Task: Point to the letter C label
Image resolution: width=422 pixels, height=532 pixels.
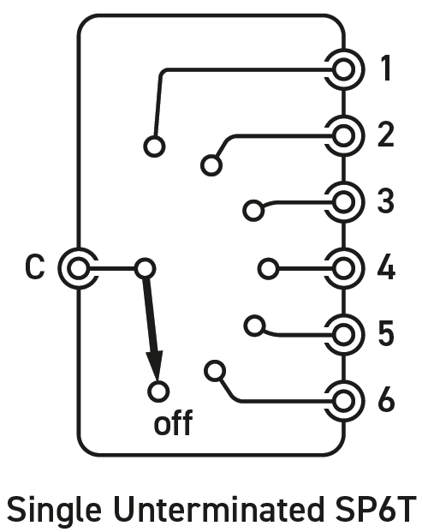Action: click(34, 267)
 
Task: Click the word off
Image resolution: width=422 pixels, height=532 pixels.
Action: click(173, 422)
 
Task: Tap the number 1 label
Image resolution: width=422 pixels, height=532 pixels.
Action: click(386, 69)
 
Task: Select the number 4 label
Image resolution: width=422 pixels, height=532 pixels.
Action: click(386, 268)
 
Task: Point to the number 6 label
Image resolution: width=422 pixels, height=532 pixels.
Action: click(386, 400)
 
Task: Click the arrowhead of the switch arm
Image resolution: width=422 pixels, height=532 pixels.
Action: click(155, 366)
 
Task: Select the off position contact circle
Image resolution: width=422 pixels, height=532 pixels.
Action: click(158, 392)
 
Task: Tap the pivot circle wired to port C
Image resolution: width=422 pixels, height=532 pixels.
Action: click(145, 269)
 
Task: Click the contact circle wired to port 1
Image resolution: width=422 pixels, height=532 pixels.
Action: click(154, 146)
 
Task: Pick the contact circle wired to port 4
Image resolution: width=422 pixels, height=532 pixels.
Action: click(269, 269)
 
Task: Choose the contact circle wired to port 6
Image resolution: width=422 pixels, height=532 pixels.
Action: click(215, 370)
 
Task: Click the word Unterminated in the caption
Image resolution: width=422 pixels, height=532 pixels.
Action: click(218, 509)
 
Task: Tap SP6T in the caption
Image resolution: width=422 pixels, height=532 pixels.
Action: click(375, 509)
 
